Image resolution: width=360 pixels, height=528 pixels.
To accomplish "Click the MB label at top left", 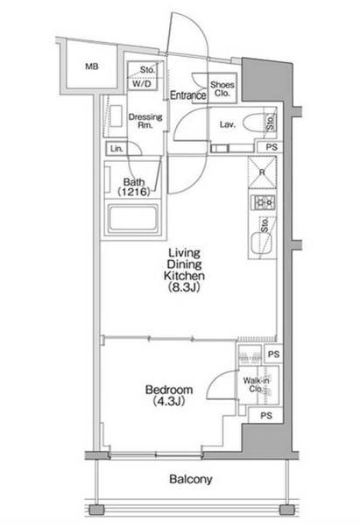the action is [x=92, y=67].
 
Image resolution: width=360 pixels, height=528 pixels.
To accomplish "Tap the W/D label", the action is [x=142, y=83].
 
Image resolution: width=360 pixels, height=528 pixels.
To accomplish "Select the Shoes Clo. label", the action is [x=222, y=89].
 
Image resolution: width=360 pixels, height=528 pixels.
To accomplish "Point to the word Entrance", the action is [x=188, y=95].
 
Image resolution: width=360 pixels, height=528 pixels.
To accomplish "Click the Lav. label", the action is [x=228, y=124].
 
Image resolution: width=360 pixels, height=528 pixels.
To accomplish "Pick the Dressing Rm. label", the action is [x=145, y=121].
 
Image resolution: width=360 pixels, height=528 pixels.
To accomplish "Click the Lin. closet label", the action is [x=116, y=149].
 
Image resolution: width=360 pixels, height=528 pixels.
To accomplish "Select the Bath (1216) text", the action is [x=134, y=187].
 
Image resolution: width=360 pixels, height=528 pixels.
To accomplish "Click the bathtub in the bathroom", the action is [x=133, y=219].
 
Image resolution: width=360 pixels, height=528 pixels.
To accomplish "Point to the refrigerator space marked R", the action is [x=263, y=172].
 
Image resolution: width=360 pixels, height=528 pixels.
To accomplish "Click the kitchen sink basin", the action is [x=262, y=243].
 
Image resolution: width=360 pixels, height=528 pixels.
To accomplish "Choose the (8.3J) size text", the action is [x=184, y=287].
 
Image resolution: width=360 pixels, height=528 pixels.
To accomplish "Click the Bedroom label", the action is [x=169, y=390].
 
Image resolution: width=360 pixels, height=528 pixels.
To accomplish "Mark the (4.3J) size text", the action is [x=169, y=401].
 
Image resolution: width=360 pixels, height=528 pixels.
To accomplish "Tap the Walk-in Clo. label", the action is [x=256, y=384].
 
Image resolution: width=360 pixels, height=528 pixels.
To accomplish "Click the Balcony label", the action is [x=191, y=479].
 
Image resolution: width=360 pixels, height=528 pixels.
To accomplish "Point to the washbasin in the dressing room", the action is [x=116, y=116].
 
